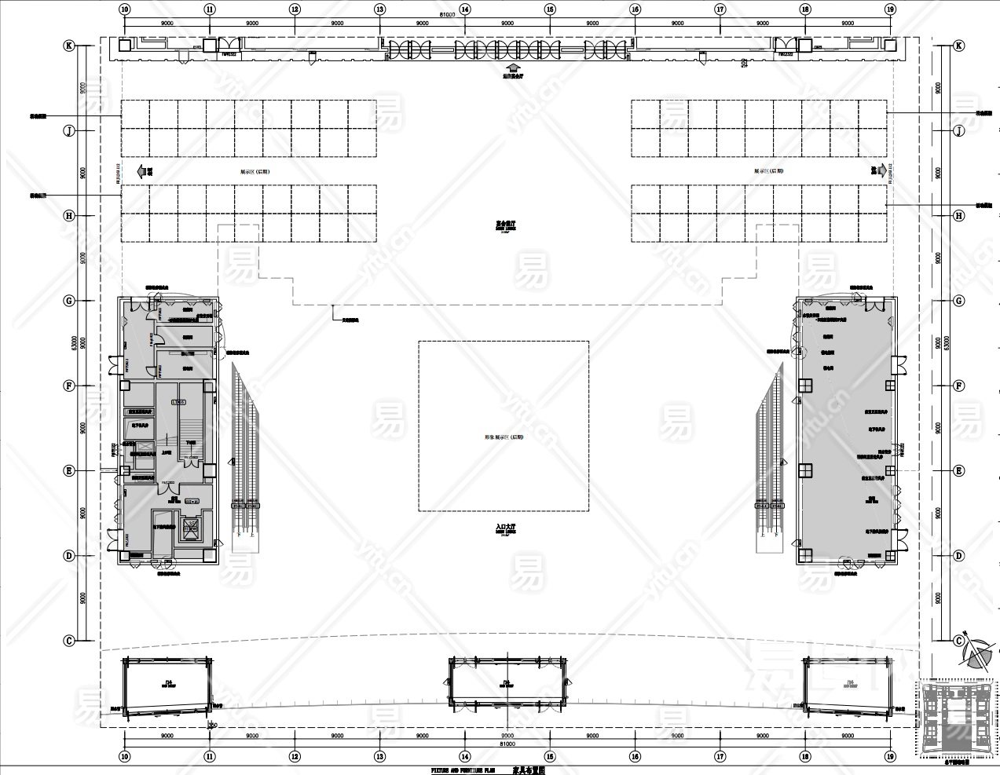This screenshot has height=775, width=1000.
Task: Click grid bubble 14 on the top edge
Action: [465, 9]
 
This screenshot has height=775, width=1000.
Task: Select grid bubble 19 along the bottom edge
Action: [890, 758]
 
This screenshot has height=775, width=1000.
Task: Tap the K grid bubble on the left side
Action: [69, 46]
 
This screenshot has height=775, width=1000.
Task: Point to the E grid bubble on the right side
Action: [958, 470]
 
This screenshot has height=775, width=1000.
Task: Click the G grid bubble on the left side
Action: [69, 301]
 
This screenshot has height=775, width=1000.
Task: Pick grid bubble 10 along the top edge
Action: [125, 9]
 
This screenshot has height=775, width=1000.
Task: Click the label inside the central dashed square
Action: [504, 437]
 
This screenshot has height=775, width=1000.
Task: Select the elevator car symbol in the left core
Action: [190, 528]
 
